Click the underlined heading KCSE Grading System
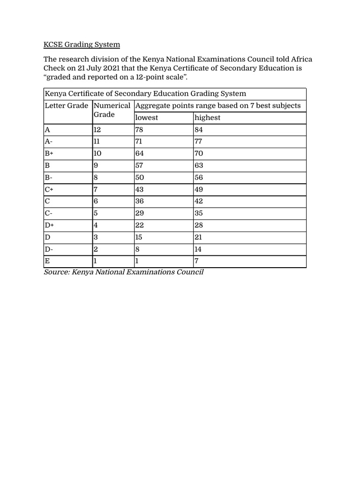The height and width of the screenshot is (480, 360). click(82, 45)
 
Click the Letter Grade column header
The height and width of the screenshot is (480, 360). click(66, 105)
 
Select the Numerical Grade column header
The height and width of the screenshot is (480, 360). click(112, 110)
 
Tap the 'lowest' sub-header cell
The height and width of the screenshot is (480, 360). click(147, 118)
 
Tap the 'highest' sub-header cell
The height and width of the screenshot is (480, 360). click(207, 118)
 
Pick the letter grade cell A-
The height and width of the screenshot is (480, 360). click(49, 142)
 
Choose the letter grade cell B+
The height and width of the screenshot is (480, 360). click(50, 154)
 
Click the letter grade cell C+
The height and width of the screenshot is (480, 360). click(50, 189)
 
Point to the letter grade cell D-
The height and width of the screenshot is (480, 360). click(49, 249)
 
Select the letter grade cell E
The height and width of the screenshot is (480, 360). click(47, 261)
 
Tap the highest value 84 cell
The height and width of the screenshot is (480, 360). click(199, 130)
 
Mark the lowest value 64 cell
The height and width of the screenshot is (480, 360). click(140, 154)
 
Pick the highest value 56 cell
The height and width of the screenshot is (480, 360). click(199, 178)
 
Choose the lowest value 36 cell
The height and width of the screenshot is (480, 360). click(140, 202)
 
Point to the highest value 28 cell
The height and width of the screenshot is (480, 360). click(199, 225)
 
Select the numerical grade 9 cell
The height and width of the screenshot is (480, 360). click(96, 165)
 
